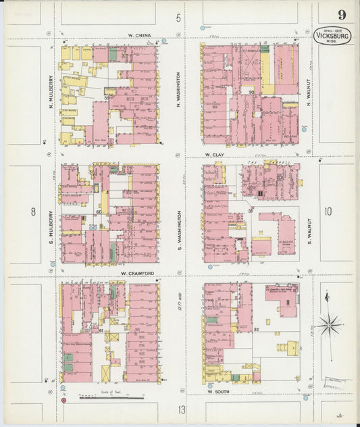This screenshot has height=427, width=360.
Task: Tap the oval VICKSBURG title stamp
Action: pos(332,35)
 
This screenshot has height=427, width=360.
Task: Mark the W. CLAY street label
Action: pos(215,155)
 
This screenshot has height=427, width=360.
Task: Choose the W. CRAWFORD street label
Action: pos(134,274)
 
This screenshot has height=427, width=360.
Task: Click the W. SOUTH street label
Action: pos(220,391)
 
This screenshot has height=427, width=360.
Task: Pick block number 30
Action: pos(251,91)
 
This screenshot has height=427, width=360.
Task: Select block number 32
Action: pos(256,329)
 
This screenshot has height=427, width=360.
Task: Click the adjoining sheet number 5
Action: pos(178,18)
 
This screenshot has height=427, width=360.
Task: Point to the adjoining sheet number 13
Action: pos(180,409)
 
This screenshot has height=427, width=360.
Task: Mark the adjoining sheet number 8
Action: pos(32,211)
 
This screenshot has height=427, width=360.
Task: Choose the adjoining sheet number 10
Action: pos(328,211)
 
